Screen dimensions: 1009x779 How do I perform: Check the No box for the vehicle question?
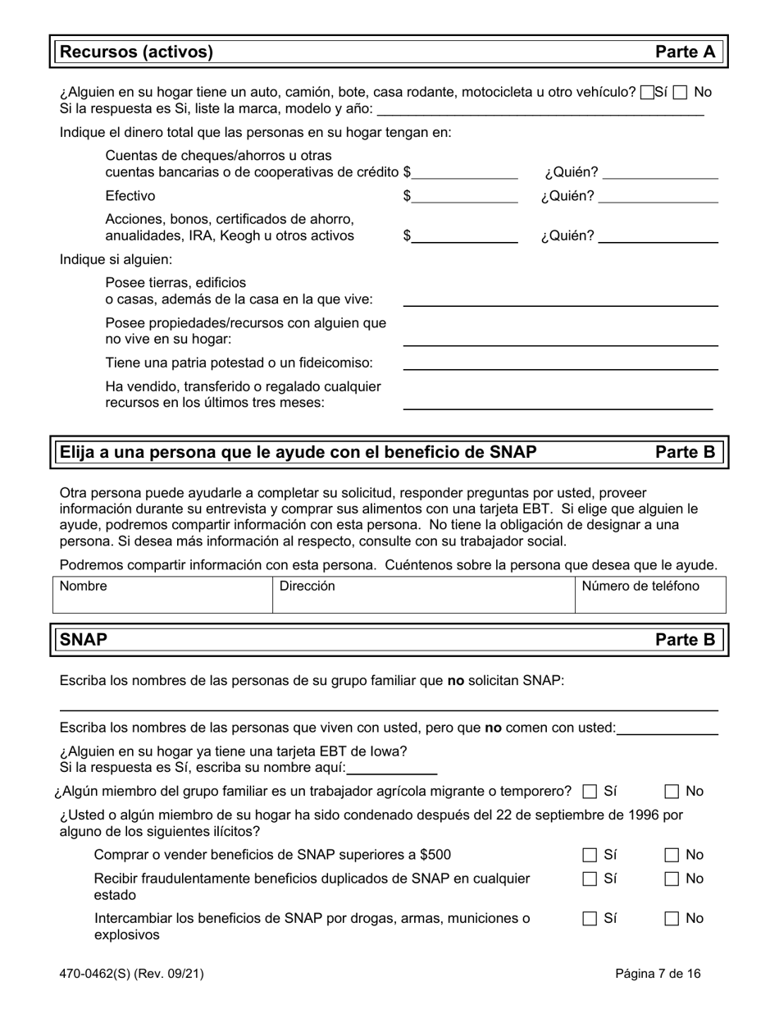click(x=680, y=93)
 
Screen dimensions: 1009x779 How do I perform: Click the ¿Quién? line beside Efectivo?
click(x=658, y=197)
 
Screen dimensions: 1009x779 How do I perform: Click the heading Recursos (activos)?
click(x=137, y=53)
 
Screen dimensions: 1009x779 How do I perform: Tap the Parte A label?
click(x=685, y=53)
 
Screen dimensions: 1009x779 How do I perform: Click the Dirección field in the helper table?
click(x=422, y=595)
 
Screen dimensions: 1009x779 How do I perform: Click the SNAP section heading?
click(x=84, y=639)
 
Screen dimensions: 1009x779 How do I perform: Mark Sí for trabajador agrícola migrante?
click(x=590, y=792)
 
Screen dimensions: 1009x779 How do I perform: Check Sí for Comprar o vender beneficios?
click(x=590, y=855)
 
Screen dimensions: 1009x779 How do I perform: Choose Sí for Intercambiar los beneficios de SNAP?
click(x=590, y=919)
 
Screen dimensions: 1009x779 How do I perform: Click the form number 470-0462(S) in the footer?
click(x=131, y=975)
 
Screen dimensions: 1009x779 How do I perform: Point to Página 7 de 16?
click(x=658, y=975)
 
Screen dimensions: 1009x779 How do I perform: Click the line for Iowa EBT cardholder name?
click(x=392, y=769)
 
